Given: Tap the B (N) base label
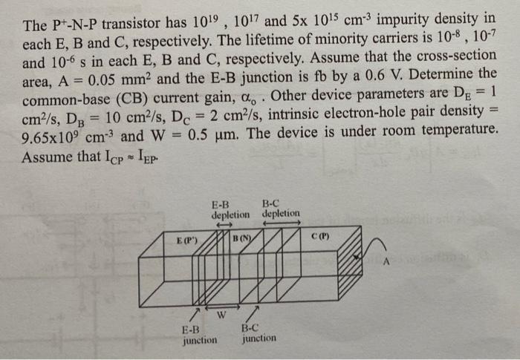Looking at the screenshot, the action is click(x=242, y=239).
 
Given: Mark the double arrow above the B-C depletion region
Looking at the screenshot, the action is click(x=283, y=223).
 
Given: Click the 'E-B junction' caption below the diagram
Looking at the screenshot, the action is click(x=200, y=335).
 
